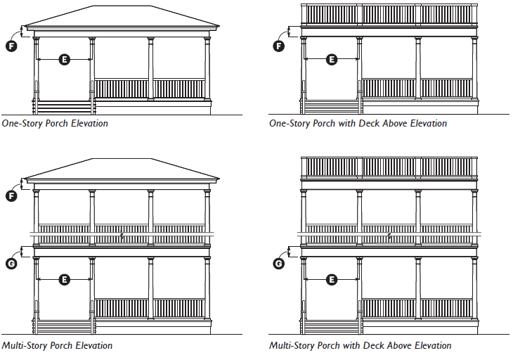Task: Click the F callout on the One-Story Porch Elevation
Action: coord(11,46)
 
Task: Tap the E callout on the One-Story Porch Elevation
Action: coord(64,60)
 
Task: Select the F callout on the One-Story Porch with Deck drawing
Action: coord(278,46)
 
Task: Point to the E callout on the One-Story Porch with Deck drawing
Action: coord(332,60)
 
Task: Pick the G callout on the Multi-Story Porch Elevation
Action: coord(11,264)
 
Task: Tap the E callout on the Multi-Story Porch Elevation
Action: coord(64,279)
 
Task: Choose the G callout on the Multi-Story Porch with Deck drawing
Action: coord(278,264)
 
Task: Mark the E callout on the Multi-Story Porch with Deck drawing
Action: coord(332,279)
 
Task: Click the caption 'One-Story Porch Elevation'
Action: coord(55,124)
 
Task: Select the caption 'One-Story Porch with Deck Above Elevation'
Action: coord(358,124)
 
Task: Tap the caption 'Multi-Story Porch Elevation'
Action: coord(57,345)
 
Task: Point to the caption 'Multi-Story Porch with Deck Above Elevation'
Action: coord(360,345)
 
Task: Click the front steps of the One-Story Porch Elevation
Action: coord(63,107)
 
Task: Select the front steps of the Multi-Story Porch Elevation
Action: coord(63,327)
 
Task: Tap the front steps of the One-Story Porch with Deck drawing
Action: coord(330,107)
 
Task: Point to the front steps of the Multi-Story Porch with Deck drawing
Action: coord(330,327)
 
